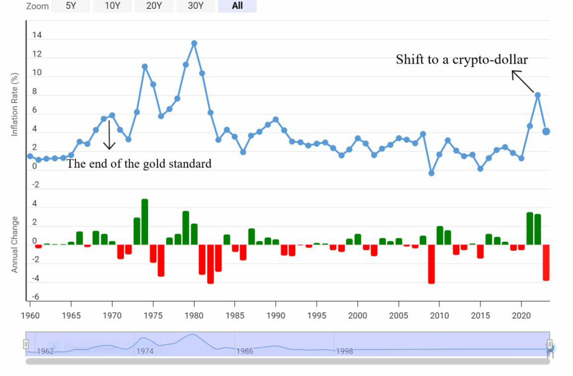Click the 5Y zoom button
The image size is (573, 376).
pos(71,6)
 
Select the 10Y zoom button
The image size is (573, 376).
pos(112,6)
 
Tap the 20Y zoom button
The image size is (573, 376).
pos(154,6)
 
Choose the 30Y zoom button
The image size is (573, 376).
pos(195,6)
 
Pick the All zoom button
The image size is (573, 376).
pos(237,6)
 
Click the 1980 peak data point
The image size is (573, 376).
pos(194,43)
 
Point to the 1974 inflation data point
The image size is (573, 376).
pos(145,66)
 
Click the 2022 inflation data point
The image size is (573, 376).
pos(538,94)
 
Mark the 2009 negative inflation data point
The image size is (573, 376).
pos(431,173)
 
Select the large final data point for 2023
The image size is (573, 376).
pos(546,131)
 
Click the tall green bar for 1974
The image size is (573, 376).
pos(145,222)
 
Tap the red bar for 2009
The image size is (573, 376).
pos(431,264)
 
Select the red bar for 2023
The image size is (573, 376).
pos(546,262)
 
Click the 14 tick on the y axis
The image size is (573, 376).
pos(37,36)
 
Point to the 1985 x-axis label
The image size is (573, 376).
pos(235,316)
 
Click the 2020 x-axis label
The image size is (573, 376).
pos(521,316)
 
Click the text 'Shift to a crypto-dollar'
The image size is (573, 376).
pos(462,60)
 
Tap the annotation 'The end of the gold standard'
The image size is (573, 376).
pos(139,164)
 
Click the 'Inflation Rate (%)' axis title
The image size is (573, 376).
pos(15,104)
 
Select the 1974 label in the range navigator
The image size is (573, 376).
pos(145,351)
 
